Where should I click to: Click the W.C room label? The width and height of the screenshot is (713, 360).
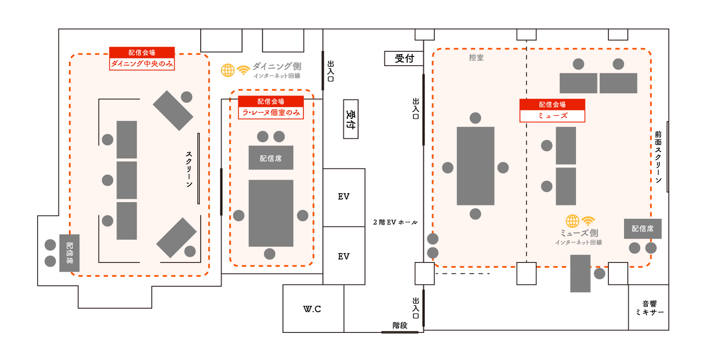[x=312, y=309]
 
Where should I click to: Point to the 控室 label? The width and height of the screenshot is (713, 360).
[x=476, y=58]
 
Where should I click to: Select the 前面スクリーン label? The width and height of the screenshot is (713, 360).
[x=658, y=157]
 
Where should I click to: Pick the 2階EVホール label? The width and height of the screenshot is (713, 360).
[x=395, y=222]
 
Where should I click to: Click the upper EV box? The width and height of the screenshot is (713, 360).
[x=344, y=197]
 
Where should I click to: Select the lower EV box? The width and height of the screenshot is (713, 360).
[x=344, y=256]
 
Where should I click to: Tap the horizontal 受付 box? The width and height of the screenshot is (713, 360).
[x=404, y=58]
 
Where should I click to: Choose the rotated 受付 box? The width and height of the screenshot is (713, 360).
[x=351, y=119]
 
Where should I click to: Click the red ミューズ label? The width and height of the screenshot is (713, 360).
[x=552, y=116]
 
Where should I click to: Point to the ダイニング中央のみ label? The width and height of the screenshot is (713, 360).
[x=142, y=64]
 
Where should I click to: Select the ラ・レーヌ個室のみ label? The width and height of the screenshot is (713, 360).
[x=271, y=113]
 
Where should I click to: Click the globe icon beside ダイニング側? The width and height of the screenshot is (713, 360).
[x=228, y=70]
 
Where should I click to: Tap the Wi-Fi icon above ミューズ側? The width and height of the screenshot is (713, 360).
[x=588, y=221]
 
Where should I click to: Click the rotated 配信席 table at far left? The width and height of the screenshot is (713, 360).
[x=69, y=253]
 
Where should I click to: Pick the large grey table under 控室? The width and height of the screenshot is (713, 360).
[x=475, y=166]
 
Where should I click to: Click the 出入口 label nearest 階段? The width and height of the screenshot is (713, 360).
[x=416, y=308]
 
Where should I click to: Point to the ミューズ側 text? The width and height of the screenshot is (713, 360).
[x=579, y=233]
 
